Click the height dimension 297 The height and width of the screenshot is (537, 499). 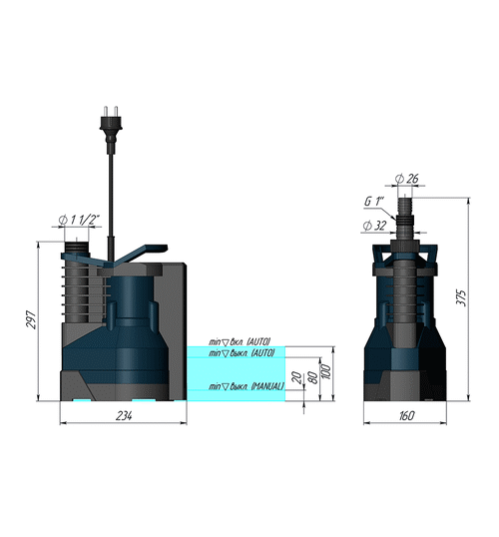pyautogui.click(x=31, y=320)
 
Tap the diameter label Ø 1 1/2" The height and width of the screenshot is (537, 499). pyautogui.click(x=78, y=222)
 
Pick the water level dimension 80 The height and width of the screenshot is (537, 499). pyautogui.click(x=312, y=377)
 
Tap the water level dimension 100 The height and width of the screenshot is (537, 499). pyautogui.click(x=326, y=371)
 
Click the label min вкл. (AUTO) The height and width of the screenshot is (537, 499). pyautogui.click(x=241, y=341)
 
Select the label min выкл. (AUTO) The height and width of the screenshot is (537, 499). pyautogui.click(x=241, y=352)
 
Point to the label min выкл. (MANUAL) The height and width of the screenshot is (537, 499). pyautogui.click(x=246, y=386)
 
